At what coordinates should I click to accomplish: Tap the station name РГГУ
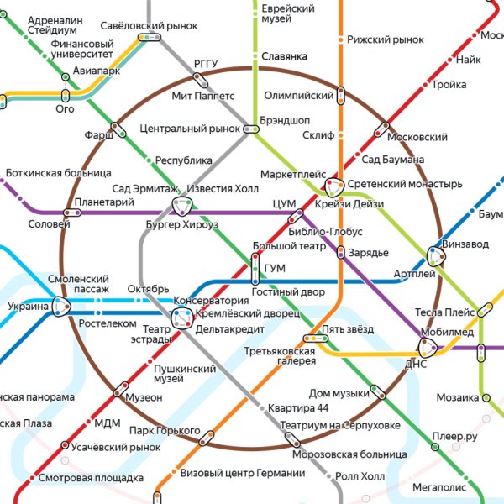206,64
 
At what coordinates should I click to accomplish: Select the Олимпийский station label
299,96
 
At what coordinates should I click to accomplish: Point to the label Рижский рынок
386,39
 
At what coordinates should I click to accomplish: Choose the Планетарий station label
104,202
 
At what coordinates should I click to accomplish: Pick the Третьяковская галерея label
281,355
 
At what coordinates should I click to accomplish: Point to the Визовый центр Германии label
243,473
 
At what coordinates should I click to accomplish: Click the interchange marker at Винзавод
435,255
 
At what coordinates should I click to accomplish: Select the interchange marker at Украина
61,307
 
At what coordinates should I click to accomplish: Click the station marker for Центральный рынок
251,129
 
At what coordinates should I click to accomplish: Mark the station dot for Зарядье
341,252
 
